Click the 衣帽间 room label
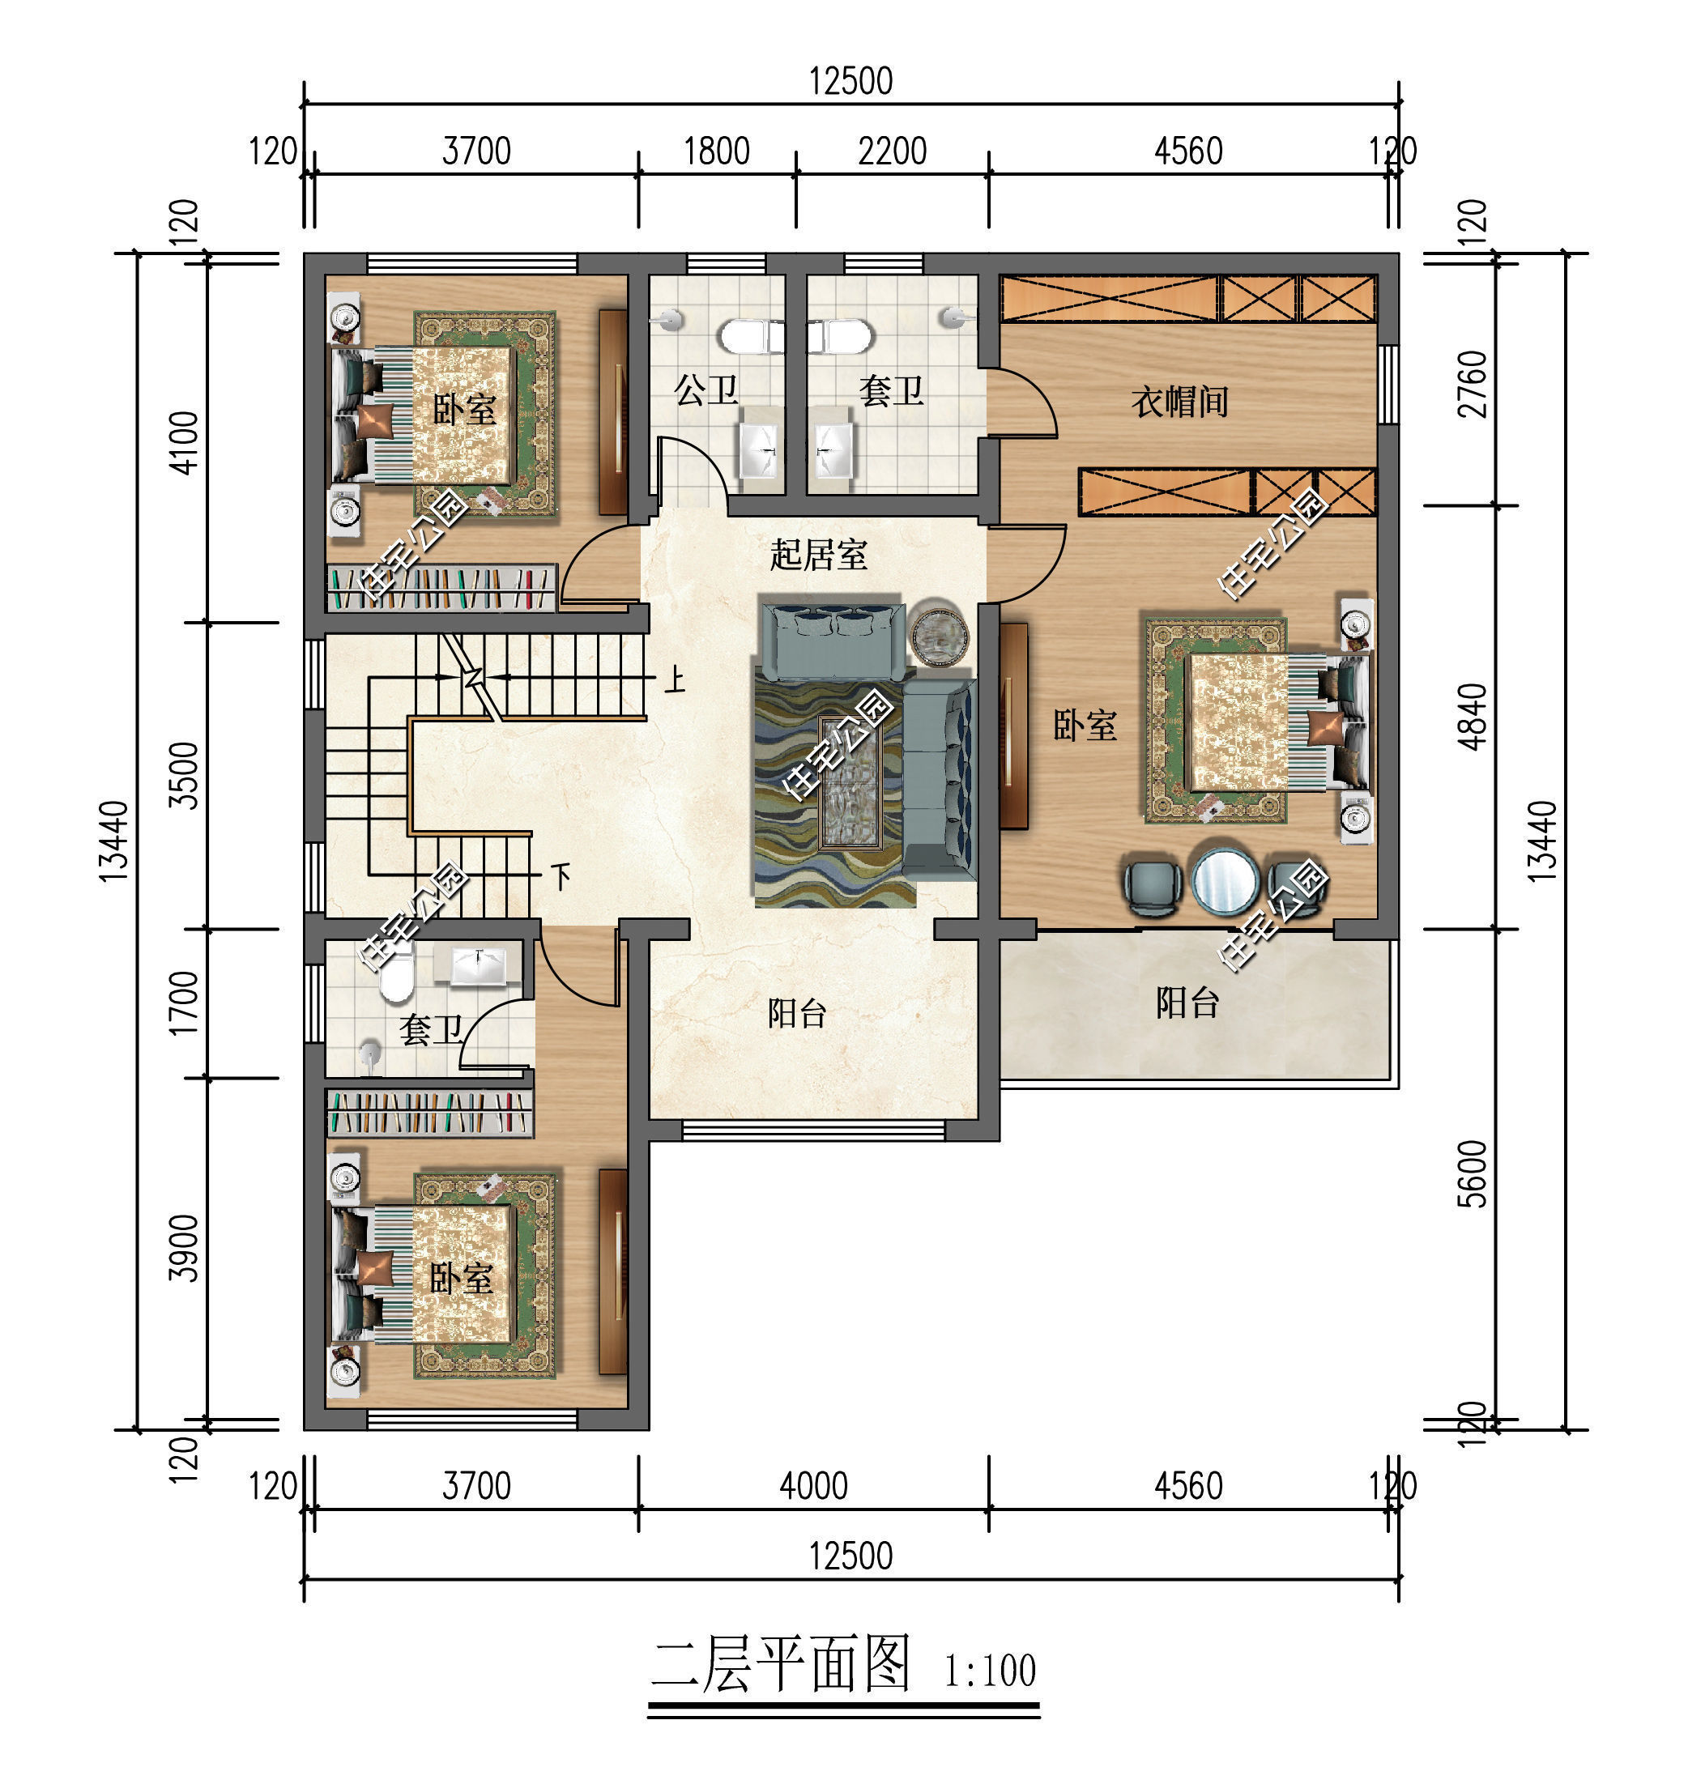1179,401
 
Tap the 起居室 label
818,554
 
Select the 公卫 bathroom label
706,390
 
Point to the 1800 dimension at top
716,151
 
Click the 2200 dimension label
892,151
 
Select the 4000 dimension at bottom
813,1486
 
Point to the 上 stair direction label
674,679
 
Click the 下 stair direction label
561,875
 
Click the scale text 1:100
990,1671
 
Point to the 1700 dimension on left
184,1003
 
